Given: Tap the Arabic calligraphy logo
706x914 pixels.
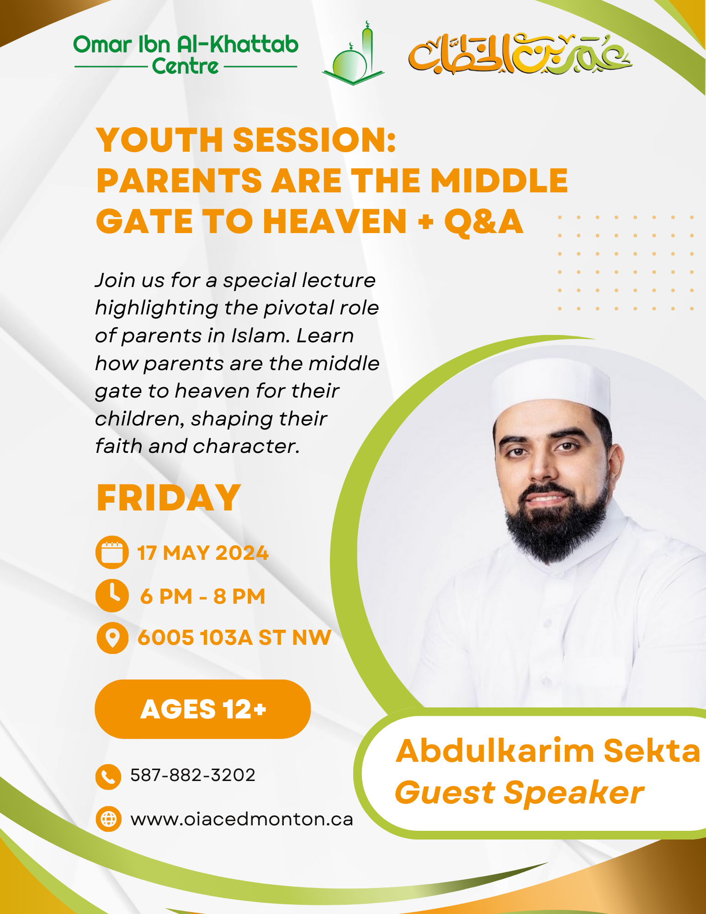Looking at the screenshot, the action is (520, 54).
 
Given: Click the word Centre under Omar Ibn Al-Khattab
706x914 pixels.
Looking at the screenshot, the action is (185, 67).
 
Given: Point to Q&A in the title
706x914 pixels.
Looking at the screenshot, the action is (483, 222).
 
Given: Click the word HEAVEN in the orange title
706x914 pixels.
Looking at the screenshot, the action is (334, 222).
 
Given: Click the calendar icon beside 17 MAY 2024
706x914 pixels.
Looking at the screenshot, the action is (112, 553).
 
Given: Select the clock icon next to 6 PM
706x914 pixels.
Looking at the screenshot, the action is (112, 595).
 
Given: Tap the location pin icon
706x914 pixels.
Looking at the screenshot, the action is (112, 638).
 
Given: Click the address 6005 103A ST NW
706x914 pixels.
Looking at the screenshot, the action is (234, 638).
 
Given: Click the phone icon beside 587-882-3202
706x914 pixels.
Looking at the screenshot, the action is (108, 777).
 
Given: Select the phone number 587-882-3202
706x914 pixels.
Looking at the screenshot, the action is (193, 775).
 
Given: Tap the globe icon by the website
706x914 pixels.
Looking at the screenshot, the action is (108, 819).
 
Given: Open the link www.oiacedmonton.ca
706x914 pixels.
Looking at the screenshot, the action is (242, 819).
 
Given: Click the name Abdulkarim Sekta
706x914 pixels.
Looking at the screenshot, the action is (547, 750).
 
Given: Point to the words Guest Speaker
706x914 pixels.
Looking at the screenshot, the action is (519, 792).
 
